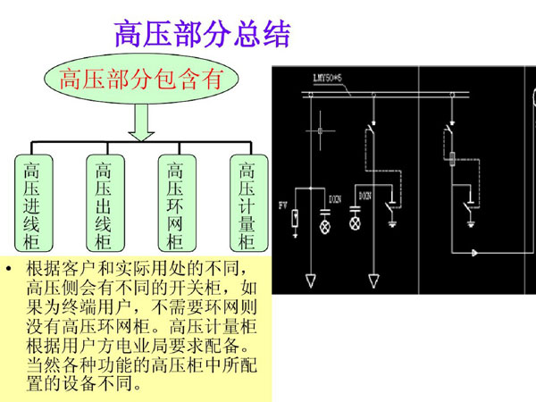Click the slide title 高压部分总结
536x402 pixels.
click(x=202, y=33)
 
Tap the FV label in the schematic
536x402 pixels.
click(x=283, y=205)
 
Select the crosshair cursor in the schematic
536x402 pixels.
click(x=319, y=134)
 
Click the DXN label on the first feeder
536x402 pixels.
click(x=333, y=198)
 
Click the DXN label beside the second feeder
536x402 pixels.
click(x=364, y=195)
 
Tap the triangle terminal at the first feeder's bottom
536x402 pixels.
click(x=311, y=281)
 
